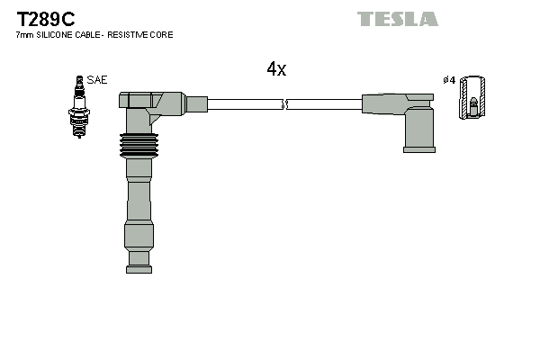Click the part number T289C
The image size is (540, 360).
(46, 19)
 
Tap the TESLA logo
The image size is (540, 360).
(398, 19)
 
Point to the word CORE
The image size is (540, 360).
(161, 35)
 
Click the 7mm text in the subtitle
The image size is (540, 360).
(25, 35)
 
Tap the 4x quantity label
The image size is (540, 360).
(276, 69)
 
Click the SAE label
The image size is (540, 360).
(97, 80)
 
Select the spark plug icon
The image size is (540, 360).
(79, 107)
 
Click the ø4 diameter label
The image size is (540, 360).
(449, 80)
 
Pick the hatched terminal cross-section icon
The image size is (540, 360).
(472, 97)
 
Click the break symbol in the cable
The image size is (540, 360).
(284, 104)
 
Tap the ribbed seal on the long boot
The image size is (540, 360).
(139, 146)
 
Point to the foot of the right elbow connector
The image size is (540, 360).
(419, 150)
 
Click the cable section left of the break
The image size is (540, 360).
(245, 104)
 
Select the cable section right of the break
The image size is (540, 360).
(324, 104)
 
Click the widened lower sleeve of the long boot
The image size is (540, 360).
(139, 236)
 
